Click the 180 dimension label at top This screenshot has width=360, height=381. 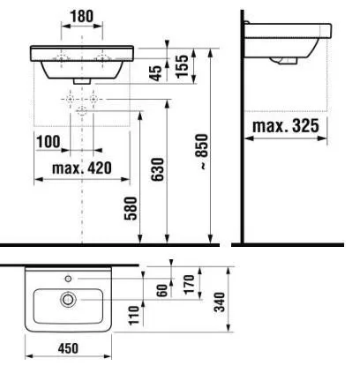coord(82,17)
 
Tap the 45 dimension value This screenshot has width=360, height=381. coord(156,73)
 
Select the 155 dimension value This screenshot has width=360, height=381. coord(182,66)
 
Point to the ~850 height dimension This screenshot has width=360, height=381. coord(203,152)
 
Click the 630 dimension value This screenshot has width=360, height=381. coord(157,169)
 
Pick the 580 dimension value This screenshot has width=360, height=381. coord(131,208)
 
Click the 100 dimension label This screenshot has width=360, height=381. coord(49,142)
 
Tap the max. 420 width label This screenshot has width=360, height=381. coord(82,168)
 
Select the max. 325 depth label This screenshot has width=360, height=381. coord(286,126)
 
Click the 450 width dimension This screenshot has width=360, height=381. coord(68,348)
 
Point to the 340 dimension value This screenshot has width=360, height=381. coord(220,302)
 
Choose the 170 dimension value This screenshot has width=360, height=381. coord(189,284)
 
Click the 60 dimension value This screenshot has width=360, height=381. coord(162,290)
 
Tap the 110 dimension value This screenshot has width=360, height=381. coord(134,315)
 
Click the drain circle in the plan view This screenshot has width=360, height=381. coord(68,300)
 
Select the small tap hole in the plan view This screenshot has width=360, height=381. coord(68,279)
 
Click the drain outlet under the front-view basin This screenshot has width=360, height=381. coord(81,81)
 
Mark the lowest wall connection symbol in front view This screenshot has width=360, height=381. coord(81,111)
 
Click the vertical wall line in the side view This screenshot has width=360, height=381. coord(242,127)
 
